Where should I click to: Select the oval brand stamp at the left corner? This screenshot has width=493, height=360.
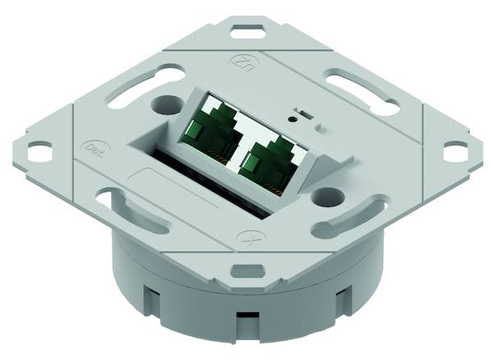pyautogui.click(x=93, y=150)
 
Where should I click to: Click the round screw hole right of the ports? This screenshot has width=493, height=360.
pyautogui.click(x=327, y=196)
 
